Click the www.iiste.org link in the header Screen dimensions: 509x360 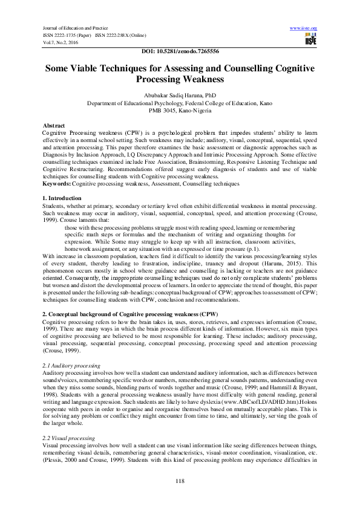coord(304,28)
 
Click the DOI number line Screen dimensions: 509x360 coord(180,52)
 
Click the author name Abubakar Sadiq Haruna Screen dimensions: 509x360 coord(180,96)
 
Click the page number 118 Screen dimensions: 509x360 coord(180,481)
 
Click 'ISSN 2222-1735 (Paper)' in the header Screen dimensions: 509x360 coord(66,35)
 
